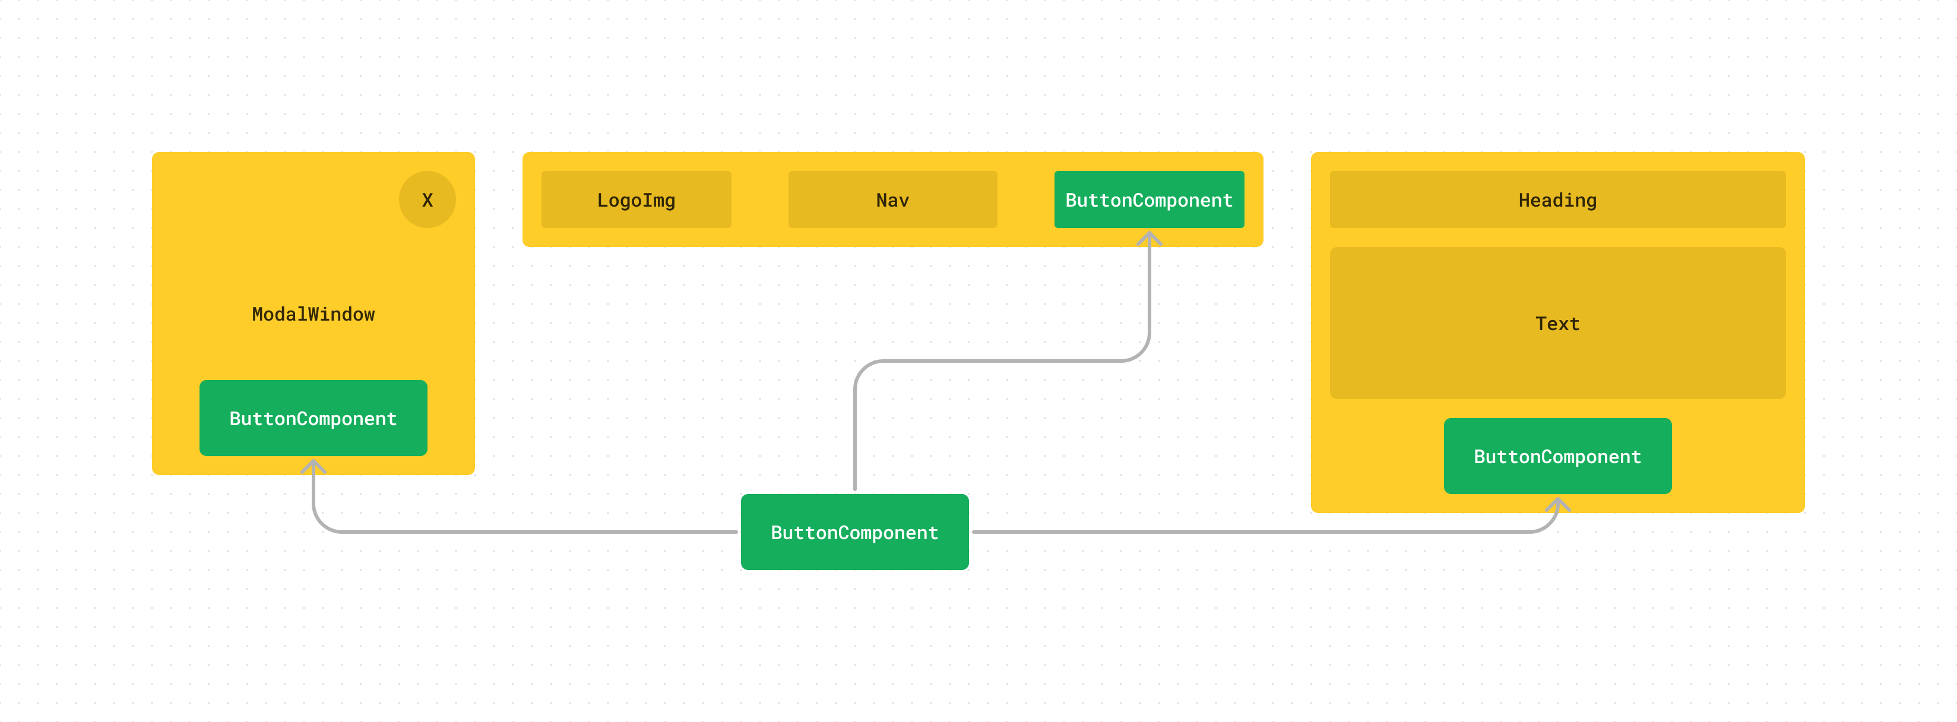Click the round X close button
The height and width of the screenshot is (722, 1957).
tap(427, 199)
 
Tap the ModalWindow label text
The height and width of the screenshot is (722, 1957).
tap(313, 314)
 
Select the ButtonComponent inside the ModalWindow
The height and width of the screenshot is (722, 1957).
tap(313, 418)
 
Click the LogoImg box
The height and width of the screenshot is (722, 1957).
tap(636, 199)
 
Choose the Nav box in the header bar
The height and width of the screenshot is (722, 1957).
tap(892, 199)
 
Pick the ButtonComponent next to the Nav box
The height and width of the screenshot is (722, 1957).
tap(1149, 199)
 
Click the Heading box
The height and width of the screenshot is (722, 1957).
tap(1557, 199)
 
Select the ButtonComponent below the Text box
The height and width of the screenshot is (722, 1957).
tap(1557, 456)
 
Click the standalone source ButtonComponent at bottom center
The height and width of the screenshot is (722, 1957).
tap(854, 532)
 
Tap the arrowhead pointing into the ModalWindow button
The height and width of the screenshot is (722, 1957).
tap(313, 465)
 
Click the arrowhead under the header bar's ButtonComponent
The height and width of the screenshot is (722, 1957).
tap(1149, 239)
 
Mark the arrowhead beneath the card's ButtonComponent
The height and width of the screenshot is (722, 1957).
tap(1557, 504)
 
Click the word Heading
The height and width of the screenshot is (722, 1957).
tap(1557, 200)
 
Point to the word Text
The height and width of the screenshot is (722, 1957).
tap(1557, 324)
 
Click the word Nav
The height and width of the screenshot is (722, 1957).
tap(892, 200)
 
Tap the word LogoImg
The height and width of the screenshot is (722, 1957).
tap(636, 200)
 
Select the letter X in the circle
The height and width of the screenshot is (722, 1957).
tap(427, 200)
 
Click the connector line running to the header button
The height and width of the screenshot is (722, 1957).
tap(1003, 361)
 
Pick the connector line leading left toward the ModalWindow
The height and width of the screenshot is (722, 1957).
tap(532, 532)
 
